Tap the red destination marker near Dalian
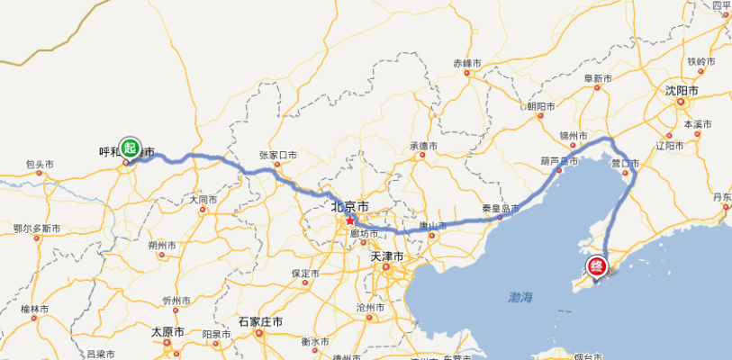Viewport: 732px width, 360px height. coord(597,266)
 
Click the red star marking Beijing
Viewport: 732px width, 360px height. coord(349,220)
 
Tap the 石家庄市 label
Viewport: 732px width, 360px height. coord(260,321)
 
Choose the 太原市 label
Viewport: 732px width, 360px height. coord(167,331)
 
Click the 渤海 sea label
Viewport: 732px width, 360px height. coord(520,297)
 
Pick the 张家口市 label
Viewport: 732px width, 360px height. coord(277,155)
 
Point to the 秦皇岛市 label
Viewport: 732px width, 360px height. coord(501,209)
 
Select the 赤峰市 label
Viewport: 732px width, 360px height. coord(468,64)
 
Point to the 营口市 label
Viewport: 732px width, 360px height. coord(624,164)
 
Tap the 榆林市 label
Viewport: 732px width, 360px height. coord(35,309)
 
